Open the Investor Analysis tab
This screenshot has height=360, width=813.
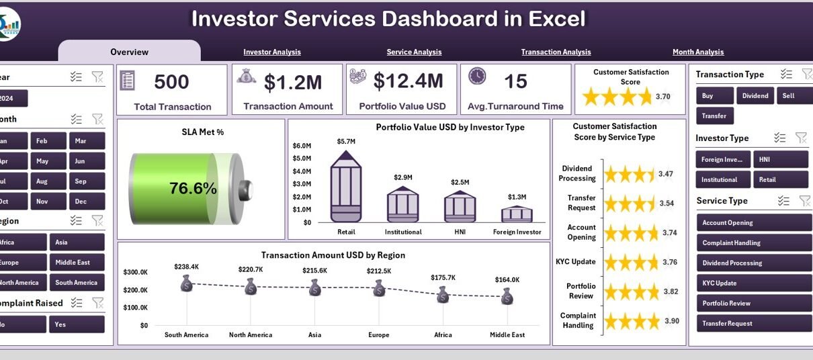click(x=272, y=52)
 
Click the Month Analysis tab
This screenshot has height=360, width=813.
click(x=698, y=52)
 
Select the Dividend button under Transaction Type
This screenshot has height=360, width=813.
click(x=755, y=95)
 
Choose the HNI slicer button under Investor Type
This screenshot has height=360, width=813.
click(x=780, y=159)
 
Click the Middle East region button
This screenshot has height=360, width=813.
click(x=77, y=263)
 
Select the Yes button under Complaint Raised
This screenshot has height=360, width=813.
click(x=77, y=324)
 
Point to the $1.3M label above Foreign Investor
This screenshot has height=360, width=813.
click(x=517, y=197)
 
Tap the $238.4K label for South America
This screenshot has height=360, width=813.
click(x=186, y=267)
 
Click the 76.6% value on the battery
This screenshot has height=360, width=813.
click(x=193, y=189)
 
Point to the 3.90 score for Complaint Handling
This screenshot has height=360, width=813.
click(x=671, y=321)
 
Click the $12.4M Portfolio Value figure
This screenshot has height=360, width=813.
click(x=408, y=82)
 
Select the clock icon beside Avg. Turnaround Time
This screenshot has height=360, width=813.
click(x=477, y=77)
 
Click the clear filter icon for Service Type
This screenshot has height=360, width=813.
click(x=804, y=201)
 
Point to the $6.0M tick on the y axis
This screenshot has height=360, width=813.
click(x=302, y=146)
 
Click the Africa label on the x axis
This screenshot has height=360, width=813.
click(x=442, y=334)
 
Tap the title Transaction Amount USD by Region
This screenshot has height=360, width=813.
click(x=333, y=255)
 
